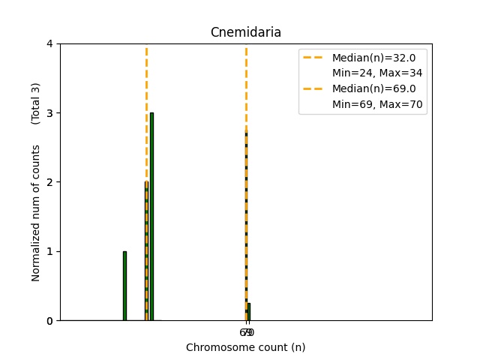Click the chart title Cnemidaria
tap(245, 32)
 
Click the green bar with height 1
tap(124, 286)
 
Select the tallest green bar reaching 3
tap(151, 217)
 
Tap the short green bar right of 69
tap(249, 312)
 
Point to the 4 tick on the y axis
tap(49, 43)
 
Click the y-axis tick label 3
tap(49, 113)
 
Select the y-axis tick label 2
tap(49, 182)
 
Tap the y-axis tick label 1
tap(49, 251)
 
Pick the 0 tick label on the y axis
tap(49, 321)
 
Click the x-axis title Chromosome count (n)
tap(245, 347)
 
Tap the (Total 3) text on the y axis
tap(36, 103)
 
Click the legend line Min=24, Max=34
tap(377, 73)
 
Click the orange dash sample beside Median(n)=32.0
tap(314, 57)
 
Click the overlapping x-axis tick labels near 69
tap(247, 332)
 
